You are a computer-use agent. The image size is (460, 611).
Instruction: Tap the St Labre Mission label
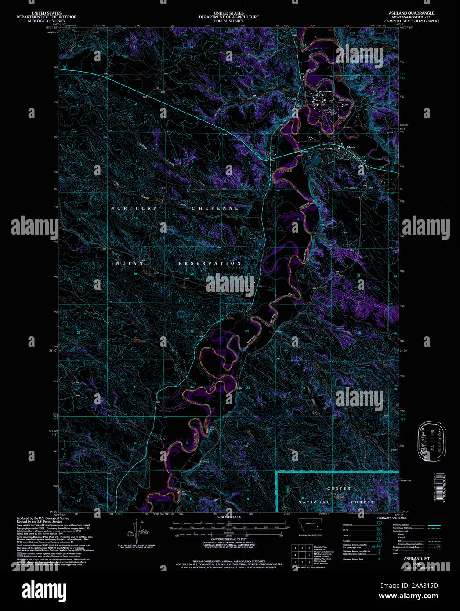(324, 91)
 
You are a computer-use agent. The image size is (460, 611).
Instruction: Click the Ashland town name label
(351, 147)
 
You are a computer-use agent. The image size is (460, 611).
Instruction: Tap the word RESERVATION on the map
(210, 263)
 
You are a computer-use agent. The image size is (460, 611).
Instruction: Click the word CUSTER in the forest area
(339, 488)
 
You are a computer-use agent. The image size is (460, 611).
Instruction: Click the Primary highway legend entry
(401, 525)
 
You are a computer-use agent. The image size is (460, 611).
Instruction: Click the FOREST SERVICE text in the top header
(228, 21)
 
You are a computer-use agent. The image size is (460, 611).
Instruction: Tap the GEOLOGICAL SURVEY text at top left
(46, 21)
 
